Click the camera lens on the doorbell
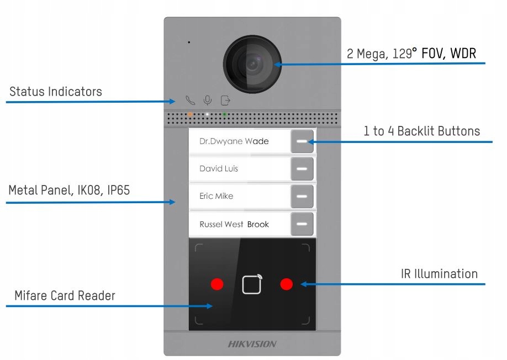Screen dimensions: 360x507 pos(252,65)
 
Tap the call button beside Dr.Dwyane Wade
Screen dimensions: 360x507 pos(302,141)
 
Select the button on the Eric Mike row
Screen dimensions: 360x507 pos(302,196)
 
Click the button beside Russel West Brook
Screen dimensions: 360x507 pos(302,224)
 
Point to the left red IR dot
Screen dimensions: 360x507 pos(217,284)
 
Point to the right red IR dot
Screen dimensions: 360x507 pos(286,284)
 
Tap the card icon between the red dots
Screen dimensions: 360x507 pos(252,284)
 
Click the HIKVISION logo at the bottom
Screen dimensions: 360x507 pos(252,344)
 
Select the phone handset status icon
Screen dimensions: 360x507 pos(191,100)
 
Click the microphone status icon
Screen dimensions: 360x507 pos(208,100)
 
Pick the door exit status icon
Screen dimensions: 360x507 pos(225,100)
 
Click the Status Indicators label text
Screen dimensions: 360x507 pos(56,92)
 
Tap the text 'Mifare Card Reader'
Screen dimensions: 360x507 pos(65,296)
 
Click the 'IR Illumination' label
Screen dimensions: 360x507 pos(439,274)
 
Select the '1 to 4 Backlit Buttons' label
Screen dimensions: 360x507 pos(421,131)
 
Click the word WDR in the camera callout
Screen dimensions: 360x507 pos(463,54)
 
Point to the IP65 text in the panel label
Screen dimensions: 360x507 pos(114,191)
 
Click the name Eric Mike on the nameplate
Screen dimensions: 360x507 pos(216,196)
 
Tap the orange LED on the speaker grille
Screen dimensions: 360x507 pos(190,114)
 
